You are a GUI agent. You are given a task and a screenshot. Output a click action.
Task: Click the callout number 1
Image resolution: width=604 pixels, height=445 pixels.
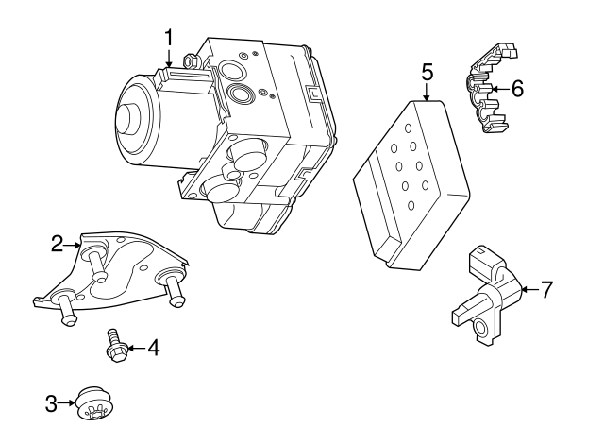(x=169, y=38)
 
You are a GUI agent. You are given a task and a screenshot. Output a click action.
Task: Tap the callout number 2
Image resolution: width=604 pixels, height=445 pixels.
(x=57, y=245)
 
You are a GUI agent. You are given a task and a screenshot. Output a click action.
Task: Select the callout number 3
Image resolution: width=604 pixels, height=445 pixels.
(x=51, y=404)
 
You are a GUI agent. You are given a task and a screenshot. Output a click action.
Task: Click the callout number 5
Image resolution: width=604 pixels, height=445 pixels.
(x=427, y=71)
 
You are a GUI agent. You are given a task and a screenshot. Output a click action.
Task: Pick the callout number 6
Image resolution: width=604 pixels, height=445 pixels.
(x=516, y=88)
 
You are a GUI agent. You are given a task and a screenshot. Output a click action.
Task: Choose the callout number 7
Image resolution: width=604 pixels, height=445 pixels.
(x=545, y=289)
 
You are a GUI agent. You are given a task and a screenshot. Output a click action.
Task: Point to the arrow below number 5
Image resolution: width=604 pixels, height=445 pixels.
(x=427, y=92)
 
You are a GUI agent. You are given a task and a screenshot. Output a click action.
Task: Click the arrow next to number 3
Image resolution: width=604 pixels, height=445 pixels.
(x=69, y=404)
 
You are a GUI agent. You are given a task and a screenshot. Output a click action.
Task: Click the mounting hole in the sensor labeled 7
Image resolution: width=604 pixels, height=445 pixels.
(x=482, y=327)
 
